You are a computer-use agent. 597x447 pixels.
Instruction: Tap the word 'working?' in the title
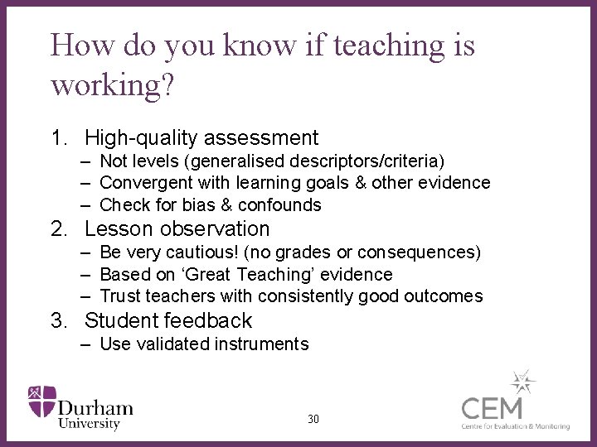pyautogui.click(x=113, y=85)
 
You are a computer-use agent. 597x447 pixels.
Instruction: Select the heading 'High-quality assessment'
pyautogui.click(x=201, y=137)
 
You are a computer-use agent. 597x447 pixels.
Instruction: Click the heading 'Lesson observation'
pyautogui.click(x=177, y=228)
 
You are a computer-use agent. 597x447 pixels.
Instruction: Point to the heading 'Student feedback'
pyautogui.click(x=168, y=320)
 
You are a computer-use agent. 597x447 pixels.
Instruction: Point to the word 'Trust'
pyautogui.click(x=120, y=296)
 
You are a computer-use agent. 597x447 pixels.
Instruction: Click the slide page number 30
pyautogui.click(x=313, y=420)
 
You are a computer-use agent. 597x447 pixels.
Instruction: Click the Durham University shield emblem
pyautogui.click(x=41, y=401)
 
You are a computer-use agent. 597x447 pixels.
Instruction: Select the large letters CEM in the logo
pyautogui.click(x=493, y=409)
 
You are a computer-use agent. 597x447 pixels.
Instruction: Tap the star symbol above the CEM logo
pyautogui.click(x=522, y=382)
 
